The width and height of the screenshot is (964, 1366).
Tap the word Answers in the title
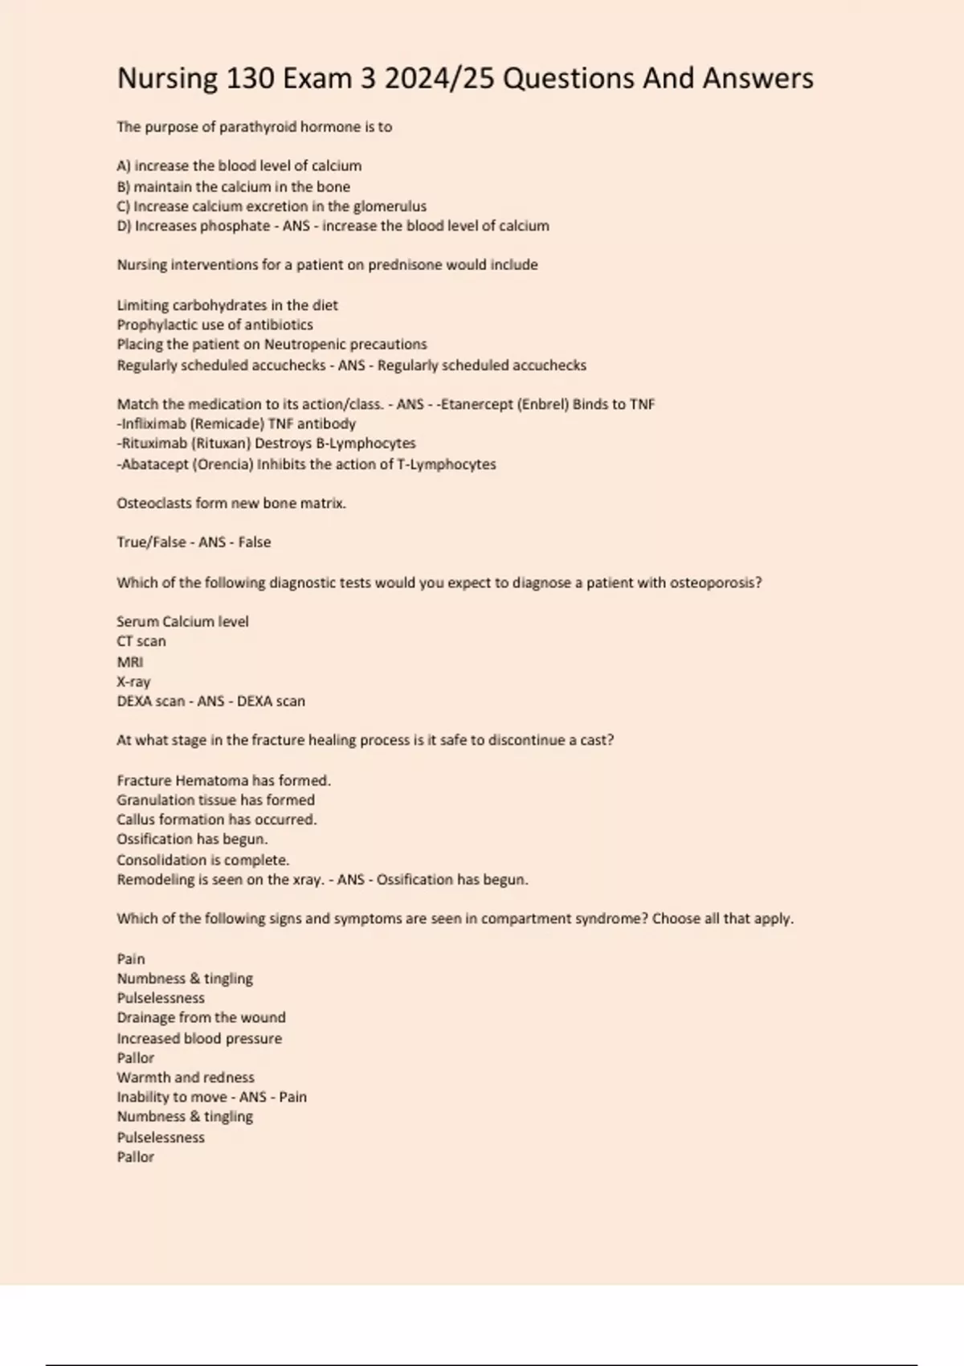point(758,79)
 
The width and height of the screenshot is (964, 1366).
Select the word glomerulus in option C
point(390,207)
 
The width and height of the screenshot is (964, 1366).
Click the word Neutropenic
point(305,345)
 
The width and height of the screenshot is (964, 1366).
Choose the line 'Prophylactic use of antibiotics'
point(214,325)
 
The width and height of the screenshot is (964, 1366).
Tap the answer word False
point(254,542)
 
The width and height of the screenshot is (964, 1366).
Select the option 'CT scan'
point(141,641)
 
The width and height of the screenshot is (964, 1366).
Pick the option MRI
point(130,662)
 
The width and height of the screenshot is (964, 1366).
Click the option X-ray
point(133,681)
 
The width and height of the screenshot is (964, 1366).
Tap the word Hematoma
point(211,780)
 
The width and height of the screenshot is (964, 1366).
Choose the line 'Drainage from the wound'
point(201,1017)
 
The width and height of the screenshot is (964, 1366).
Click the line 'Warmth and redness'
point(186,1078)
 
